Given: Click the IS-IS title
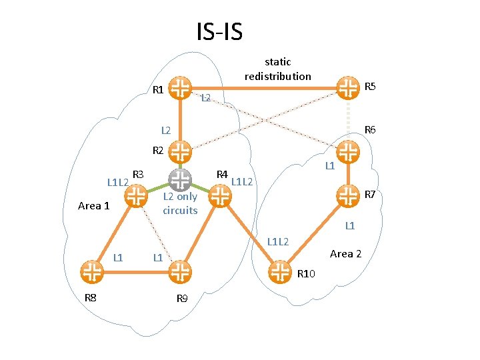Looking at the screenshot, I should pos(219,31).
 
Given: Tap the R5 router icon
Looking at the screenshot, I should pos(347,87).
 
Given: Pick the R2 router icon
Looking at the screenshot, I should pos(180,151).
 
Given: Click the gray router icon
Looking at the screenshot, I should pos(180,179).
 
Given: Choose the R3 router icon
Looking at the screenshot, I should pos(136,195).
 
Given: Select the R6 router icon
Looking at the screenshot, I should pos(347,152).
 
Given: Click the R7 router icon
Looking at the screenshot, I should pos(347,194).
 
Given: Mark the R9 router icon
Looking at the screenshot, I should pos(180,271).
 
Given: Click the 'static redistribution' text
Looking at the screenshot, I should pos(277,69).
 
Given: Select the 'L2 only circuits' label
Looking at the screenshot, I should pos(180,203).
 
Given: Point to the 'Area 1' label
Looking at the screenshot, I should pos(93,205).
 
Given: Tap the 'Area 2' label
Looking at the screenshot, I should pos(345,253).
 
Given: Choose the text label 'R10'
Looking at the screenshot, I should pos(309,273).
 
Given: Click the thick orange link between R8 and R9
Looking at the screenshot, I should pos(135,271).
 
